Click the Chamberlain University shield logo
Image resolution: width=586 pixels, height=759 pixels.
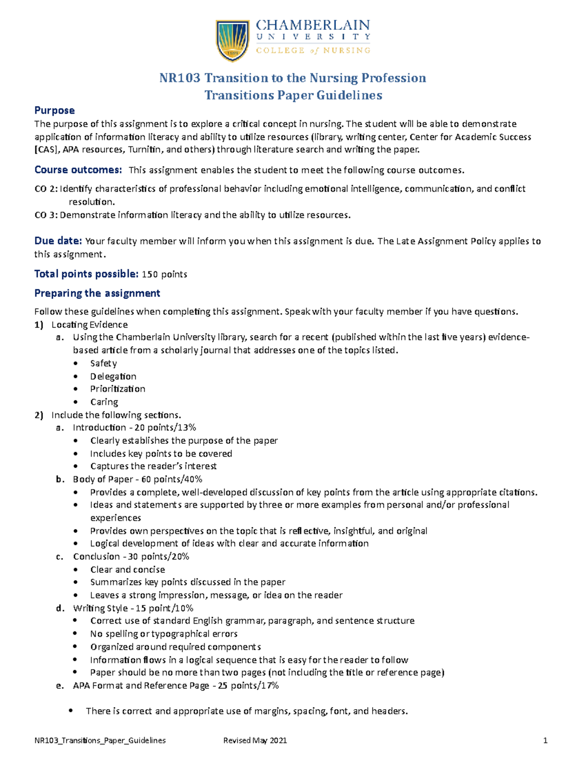pyautogui.click(x=233, y=40)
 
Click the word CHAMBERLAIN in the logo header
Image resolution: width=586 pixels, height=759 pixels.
pyautogui.click(x=313, y=25)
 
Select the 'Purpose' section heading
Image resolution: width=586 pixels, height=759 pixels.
pyautogui.click(x=54, y=110)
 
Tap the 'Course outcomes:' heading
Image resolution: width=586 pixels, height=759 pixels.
pyautogui.click(x=78, y=170)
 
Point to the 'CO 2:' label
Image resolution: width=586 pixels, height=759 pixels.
pyautogui.click(x=46, y=189)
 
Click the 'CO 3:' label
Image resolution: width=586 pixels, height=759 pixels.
pyautogui.click(x=46, y=215)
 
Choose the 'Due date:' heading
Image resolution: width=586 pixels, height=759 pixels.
pyautogui.click(x=58, y=241)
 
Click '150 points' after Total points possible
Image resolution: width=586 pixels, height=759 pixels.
pyautogui.click(x=165, y=275)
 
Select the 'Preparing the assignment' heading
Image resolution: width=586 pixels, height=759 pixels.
pyautogui.click(x=97, y=293)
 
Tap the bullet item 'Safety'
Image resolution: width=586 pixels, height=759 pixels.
pyautogui.click(x=104, y=364)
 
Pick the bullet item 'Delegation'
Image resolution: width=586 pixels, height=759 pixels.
pyautogui.click(x=113, y=376)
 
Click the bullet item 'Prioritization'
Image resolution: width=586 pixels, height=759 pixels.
pyautogui.click(x=118, y=389)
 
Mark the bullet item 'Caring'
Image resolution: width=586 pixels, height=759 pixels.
pyautogui.click(x=104, y=402)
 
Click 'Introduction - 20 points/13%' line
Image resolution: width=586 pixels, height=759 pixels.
pyautogui.click(x=134, y=428)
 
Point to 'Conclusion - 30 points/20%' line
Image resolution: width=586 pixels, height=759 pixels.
pyautogui.click(x=131, y=557)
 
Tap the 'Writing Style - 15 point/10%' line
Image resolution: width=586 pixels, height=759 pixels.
pyautogui.click(x=133, y=608)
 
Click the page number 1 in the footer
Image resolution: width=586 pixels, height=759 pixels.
pyautogui.click(x=545, y=740)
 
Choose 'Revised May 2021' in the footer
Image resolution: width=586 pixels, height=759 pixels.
pyautogui.click(x=255, y=740)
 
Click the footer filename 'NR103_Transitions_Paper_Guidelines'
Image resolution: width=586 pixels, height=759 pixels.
pyautogui.click(x=100, y=740)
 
